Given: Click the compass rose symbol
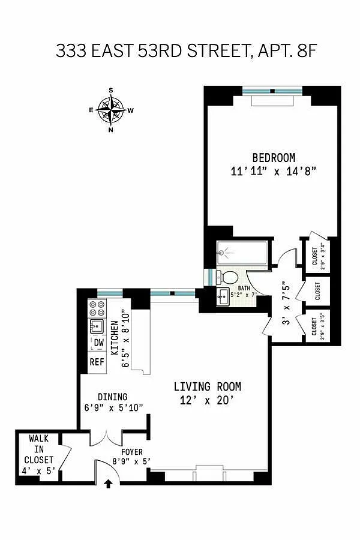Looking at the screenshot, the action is coord(111,110).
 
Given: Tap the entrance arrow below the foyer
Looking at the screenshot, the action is coord(109,484).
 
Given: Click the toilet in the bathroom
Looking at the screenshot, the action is coord(227,277).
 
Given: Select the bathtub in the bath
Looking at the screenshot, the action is coord(242,253).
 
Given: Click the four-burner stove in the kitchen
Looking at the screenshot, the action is coord(97,308).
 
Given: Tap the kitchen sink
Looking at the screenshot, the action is coord(97,326).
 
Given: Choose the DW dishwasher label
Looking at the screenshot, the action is coord(98,343).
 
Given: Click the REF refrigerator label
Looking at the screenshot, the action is coord(97,362).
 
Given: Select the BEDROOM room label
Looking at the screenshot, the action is coord(274,158).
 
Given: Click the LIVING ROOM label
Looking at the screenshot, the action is coord(208,386).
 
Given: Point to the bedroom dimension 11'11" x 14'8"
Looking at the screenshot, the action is coord(274,171).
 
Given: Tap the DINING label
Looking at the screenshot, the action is coord(113,397).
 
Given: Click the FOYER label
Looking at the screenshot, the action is coord(132,452).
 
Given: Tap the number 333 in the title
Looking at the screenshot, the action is coord(71,51).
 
